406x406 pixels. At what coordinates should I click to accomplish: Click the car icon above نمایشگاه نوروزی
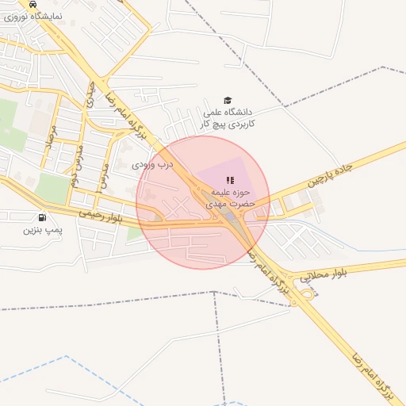(x=32, y=4)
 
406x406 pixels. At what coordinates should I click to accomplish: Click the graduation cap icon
(x=228, y=101)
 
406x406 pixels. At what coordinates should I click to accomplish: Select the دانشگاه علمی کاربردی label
(x=228, y=118)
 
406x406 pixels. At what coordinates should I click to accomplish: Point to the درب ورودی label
(x=151, y=165)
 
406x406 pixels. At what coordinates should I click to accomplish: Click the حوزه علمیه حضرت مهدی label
(x=230, y=198)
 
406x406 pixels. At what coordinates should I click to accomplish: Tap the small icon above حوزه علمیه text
(x=230, y=181)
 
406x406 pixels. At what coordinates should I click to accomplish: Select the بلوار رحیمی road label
(x=100, y=216)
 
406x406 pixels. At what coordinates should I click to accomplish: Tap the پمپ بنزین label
(x=41, y=230)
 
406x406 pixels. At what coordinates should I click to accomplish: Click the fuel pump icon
(x=41, y=217)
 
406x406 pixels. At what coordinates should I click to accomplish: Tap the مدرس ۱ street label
(x=103, y=176)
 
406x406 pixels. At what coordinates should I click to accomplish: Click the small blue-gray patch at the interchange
(x=229, y=216)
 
